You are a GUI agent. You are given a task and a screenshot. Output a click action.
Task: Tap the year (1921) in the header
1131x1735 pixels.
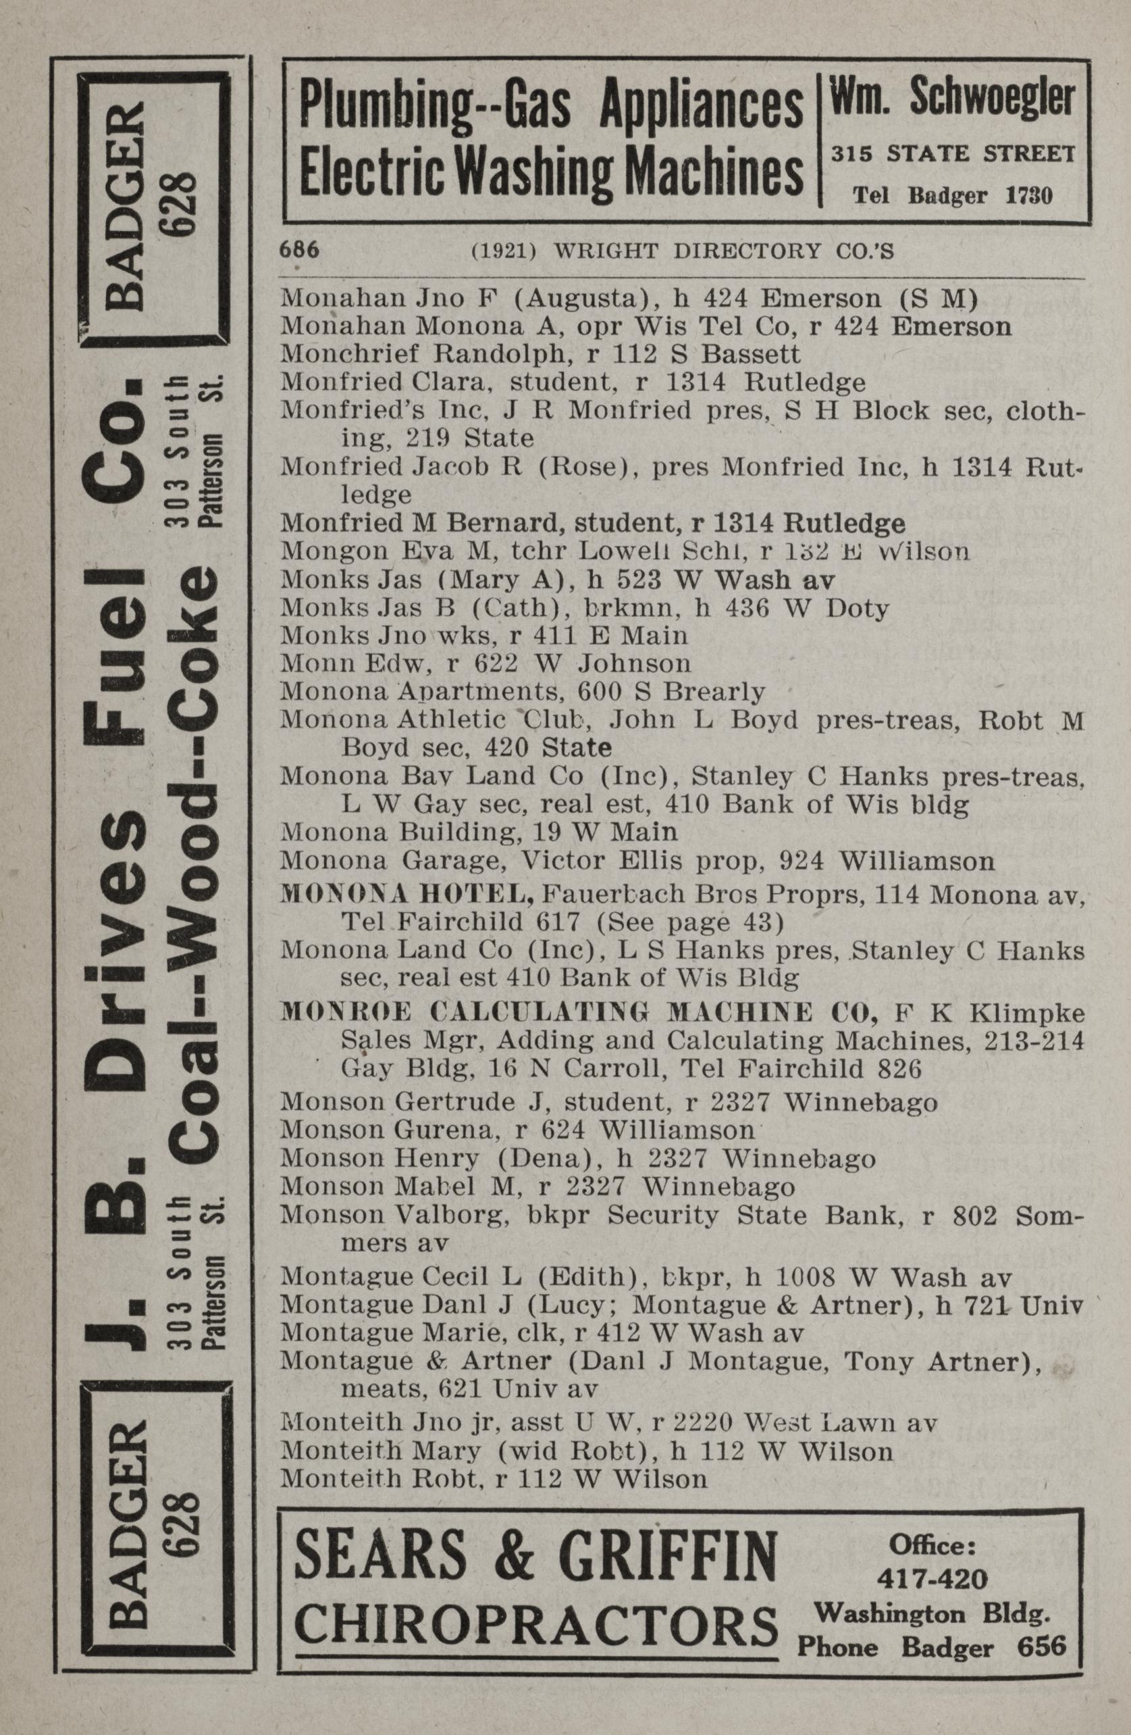(x=504, y=251)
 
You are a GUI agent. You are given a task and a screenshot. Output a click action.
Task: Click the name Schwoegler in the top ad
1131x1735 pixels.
(x=993, y=98)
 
